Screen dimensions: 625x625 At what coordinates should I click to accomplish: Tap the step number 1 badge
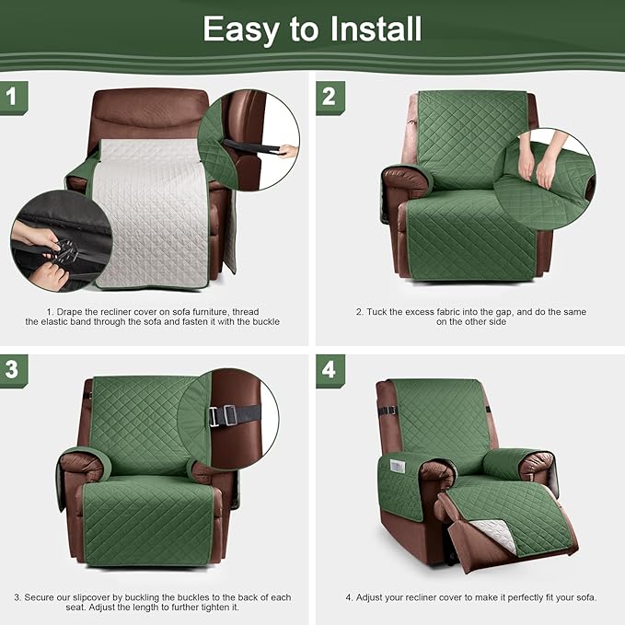[x=13, y=96]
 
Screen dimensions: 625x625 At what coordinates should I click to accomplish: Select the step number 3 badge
[x=13, y=370]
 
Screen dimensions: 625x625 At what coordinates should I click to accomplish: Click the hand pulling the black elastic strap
[x=287, y=151]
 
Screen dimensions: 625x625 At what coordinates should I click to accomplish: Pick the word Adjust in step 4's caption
[x=371, y=597]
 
